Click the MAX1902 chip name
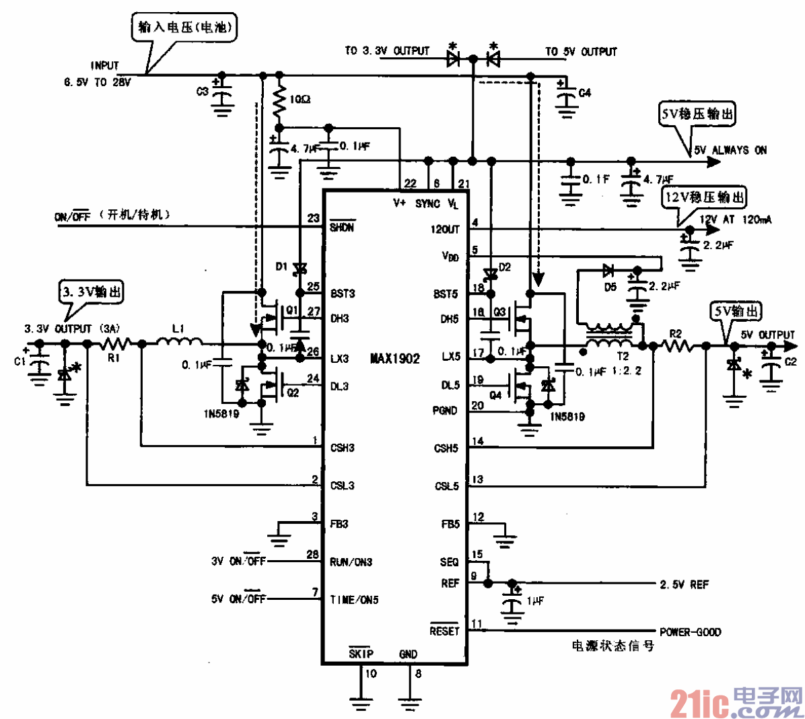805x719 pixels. coord(395,359)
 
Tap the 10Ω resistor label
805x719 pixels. coord(300,100)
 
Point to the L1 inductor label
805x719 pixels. coord(178,329)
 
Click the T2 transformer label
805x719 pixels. coord(623,356)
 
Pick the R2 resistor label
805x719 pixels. coord(675,334)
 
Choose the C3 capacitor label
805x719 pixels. coord(202,92)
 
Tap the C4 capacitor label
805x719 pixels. coord(585,93)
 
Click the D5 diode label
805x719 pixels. coord(609,287)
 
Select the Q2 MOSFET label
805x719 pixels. coord(293,392)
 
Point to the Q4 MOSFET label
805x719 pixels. coord(495,395)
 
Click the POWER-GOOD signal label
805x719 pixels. coord(690,632)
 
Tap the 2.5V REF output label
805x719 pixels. coord(684,585)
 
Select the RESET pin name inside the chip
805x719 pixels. coord(444,631)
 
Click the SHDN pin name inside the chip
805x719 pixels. coord(342,228)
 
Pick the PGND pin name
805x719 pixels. coord(445,411)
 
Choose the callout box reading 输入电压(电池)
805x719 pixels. coord(184,28)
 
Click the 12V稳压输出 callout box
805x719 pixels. coord(705,197)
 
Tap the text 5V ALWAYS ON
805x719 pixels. coord(730,150)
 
